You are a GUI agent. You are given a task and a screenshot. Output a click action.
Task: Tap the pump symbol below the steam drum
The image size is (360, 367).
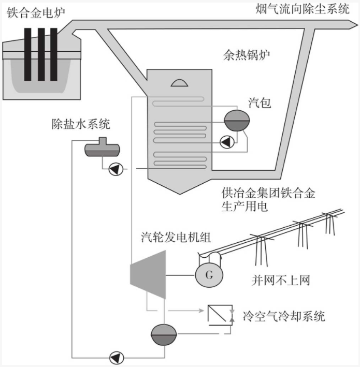(x=226, y=141)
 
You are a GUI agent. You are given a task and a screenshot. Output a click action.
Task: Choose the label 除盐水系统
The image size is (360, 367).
(x=80, y=124)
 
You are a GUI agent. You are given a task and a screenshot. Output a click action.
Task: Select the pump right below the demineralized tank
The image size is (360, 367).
(x=114, y=168)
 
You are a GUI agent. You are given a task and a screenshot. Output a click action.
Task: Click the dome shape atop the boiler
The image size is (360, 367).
(x=178, y=82)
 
